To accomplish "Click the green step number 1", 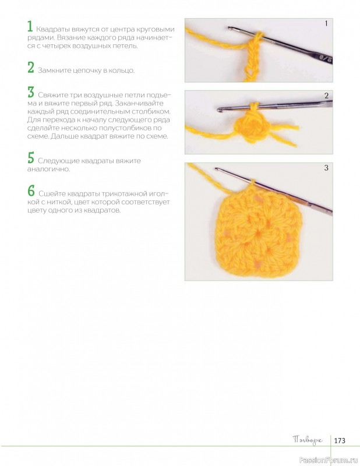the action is (x=30, y=26).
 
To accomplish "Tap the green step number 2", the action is (x=31, y=68).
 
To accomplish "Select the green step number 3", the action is (x=31, y=92).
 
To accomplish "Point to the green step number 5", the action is (x=31, y=158).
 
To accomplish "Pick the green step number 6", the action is (x=31, y=191).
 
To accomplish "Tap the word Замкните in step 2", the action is (x=54, y=70).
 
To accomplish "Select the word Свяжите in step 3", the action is (x=52, y=96).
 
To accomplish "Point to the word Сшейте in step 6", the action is (x=52, y=194).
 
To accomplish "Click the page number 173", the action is (x=340, y=440).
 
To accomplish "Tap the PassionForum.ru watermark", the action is (x=329, y=460).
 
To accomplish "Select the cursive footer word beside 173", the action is (x=308, y=440).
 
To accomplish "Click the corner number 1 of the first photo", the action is (x=326, y=23).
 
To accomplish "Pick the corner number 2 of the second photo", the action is (x=326, y=96).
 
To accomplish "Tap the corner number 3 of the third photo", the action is (x=326, y=168).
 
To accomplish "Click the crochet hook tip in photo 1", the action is (x=230, y=28).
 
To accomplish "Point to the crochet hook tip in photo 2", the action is (x=220, y=110).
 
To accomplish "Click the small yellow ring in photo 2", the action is (x=250, y=128).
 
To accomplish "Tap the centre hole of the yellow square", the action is (x=258, y=235).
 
